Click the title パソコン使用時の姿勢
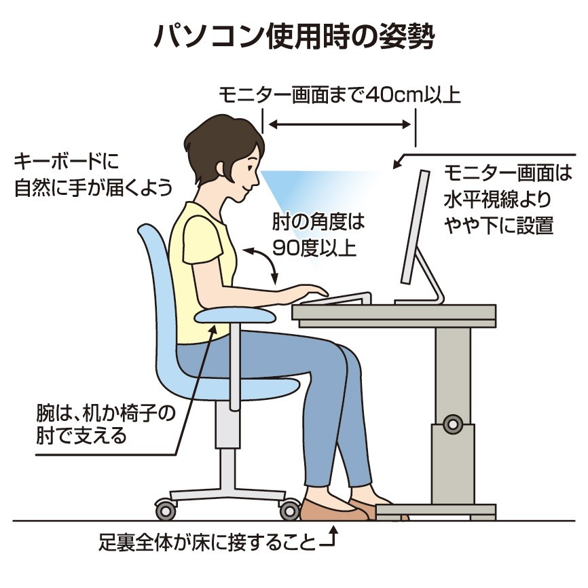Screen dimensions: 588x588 click(x=295, y=37)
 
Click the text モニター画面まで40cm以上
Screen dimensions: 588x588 click(x=339, y=95)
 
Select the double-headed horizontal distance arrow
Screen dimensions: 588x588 click(x=340, y=124)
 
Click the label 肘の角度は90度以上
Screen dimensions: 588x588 click(x=318, y=235)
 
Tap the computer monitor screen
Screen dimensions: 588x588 click(x=415, y=227)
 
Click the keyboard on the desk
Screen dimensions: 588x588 click(x=336, y=298)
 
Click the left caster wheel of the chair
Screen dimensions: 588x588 click(x=166, y=510)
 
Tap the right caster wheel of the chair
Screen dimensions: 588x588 click(x=289, y=510)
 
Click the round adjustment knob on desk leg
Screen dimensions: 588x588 click(x=453, y=424)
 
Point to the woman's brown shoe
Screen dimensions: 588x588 click(x=330, y=510)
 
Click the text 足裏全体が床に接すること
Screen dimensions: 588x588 click(x=206, y=543)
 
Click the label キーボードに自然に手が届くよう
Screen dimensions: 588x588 click(x=93, y=174)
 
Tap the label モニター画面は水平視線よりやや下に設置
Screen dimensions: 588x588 click(x=508, y=199)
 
